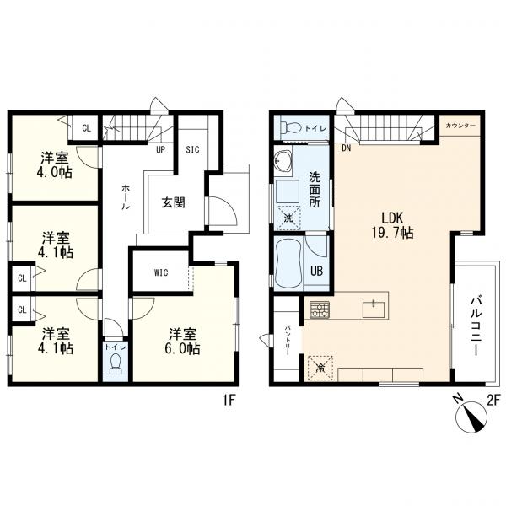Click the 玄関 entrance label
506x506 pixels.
173,202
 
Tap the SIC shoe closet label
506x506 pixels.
192,150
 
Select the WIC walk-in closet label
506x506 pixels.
161,272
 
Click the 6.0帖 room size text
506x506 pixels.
182,348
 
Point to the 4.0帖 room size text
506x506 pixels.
54,172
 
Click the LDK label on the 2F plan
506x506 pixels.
393,218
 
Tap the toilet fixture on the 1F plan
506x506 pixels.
116,363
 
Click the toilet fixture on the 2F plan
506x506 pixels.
289,128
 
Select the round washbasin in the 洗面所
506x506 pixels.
283,159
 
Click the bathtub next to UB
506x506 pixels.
288,263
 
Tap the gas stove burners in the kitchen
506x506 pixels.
320,310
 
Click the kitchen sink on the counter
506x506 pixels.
374,310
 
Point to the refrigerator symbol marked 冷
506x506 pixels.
320,368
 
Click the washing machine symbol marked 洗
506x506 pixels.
288,218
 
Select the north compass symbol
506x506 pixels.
471,417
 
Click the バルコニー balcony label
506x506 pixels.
476,326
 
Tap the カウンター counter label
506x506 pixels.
460,126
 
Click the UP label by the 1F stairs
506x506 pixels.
161,150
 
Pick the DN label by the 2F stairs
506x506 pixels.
347,148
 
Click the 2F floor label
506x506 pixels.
493,400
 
